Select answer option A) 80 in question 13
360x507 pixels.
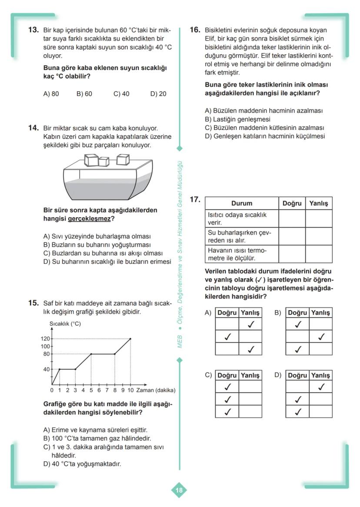click(x=51, y=93)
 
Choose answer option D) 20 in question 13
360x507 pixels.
click(x=158, y=93)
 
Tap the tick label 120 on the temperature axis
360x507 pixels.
click(x=46, y=338)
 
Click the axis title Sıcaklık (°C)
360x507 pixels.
click(x=65, y=324)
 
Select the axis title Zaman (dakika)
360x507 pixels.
click(x=155, y=390)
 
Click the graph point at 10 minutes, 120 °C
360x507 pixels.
click(x=130, y=338)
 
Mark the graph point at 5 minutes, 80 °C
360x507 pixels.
click(x=91, y=354)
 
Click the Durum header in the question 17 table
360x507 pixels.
click(x=241, y=203)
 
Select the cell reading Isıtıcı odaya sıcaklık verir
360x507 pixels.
click(x=237, y=219)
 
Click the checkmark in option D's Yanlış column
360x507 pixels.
click(x=321, y=387)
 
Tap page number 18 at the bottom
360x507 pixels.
click(x=179, y=490)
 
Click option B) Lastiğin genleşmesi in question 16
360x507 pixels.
click(x=237, y=119)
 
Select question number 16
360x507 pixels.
click(x=195, y=30)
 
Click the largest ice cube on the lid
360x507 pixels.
click(x=92, y=160)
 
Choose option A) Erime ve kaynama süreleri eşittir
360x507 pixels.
click(x=95, y=430)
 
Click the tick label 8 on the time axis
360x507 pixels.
click(x=115, y=390)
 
